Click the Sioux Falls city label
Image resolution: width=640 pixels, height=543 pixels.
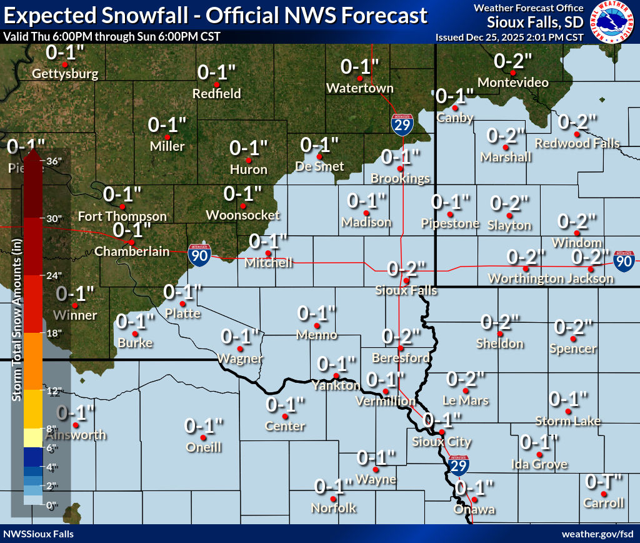(406, 291)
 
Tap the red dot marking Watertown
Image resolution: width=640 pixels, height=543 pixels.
(359, 78)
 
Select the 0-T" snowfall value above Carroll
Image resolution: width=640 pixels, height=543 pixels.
(604, 482)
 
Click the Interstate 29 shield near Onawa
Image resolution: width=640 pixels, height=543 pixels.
(459, 464)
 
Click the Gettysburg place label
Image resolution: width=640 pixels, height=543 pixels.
(65, 74)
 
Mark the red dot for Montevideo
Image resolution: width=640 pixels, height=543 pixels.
(512, 73)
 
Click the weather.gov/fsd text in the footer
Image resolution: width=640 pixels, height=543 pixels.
(597, 534)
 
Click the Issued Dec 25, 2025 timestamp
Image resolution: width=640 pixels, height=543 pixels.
(509, 38)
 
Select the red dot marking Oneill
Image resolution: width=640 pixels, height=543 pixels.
(204, 437)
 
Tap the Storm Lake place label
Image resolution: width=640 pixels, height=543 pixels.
(567, 421)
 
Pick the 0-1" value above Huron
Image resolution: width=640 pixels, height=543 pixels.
(249, 148)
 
